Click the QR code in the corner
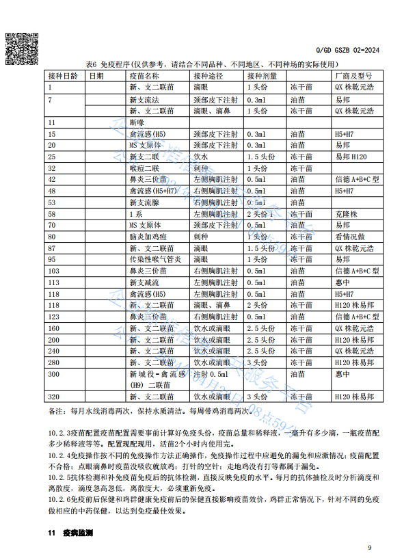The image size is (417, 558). [x=20, y=46]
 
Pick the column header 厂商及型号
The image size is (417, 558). [x=351, y=76]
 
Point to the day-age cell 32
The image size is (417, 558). [x=52, y=168]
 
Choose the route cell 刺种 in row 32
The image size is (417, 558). [x=201, y=168]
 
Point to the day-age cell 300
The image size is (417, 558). [x=55, y=375]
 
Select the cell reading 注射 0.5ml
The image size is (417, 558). [x=211, y=375]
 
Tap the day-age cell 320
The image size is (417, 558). [x=55, y=396]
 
